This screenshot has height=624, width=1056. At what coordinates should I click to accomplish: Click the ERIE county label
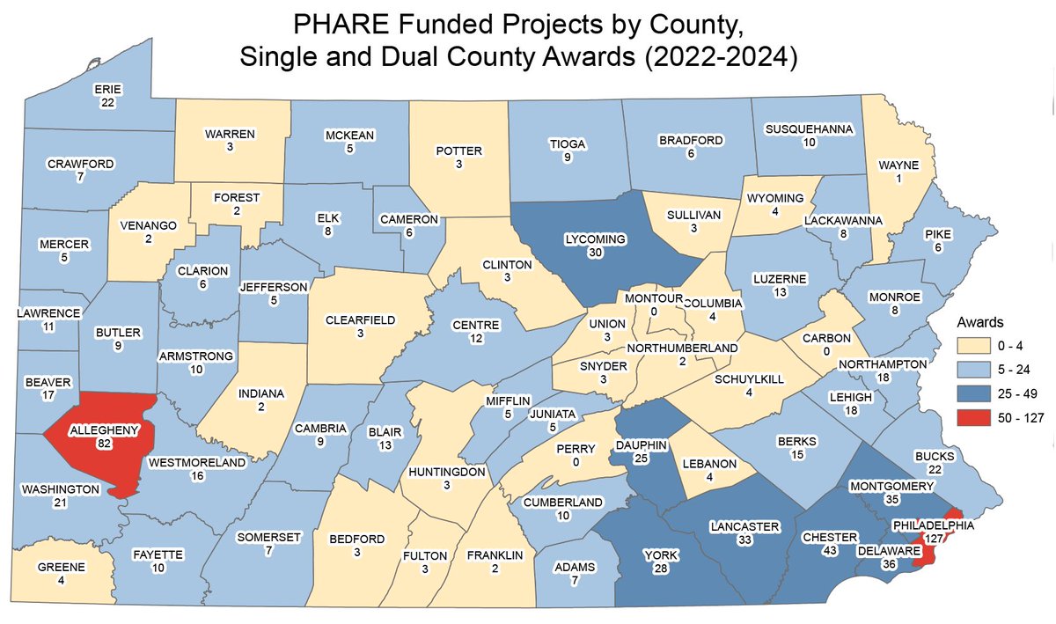(x=108, y=89)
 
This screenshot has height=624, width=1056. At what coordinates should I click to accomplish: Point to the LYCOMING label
(x=596, y=239)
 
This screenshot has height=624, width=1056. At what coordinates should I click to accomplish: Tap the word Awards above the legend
(x=980, y=322)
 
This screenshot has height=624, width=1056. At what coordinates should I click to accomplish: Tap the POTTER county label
(x=458, y=150)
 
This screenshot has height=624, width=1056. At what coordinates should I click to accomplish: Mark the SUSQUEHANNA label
(x=809, y=128)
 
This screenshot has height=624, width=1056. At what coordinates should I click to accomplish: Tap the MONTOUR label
(x=648, y=298)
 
